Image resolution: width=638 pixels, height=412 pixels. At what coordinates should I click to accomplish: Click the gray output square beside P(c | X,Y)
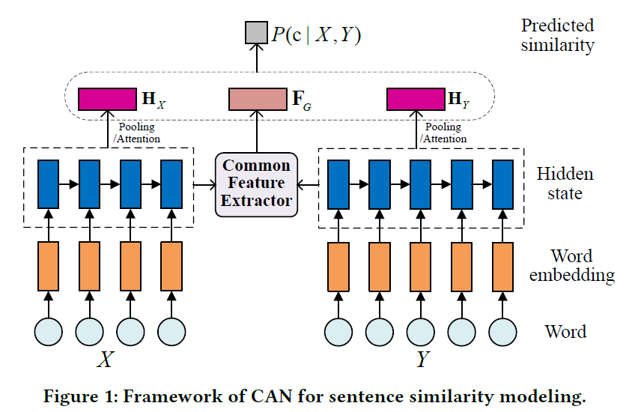pyautogui.click(x=256, y=32)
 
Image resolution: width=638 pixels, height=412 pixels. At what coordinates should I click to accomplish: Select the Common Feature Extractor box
pyautogui.click(x=256, y=184)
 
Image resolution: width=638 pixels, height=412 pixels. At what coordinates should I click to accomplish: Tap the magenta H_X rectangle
pyautogui.click(x=107, y=99)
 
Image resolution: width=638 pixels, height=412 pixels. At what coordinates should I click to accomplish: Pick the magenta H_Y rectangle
pyautogui.click(x=416, y=99)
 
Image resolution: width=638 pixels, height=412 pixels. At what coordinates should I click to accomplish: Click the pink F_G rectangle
pyautogui.click(x=258, y=99)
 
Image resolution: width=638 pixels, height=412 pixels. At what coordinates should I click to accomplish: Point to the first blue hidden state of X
pyautogui.click(x=49, y=184)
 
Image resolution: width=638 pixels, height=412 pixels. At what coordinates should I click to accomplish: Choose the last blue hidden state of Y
pyautogui.click(x=503, y=184)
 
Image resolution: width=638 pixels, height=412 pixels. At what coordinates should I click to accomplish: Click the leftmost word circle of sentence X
pyautogui.click(x=49, y=332)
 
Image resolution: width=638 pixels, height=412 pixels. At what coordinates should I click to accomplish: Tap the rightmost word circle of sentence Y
pyautogui.click(x=503, y=332)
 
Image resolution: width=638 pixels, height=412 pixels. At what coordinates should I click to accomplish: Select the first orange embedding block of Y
pyautogui.click(x=338, y=267)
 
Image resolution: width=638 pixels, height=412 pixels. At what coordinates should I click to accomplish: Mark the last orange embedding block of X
pyautogui.click(x=171, y=266)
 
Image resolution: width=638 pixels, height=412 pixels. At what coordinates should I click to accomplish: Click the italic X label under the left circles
pyautogui.click(x=106, y=360)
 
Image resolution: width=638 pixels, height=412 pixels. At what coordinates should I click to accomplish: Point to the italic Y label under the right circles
pyautogui.click(x=422, y=360)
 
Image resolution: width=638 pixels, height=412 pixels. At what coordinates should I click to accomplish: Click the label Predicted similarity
pyautogui.click(x=557, y=35)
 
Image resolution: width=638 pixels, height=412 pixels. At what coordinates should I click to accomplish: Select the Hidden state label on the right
pyautogui.click(x=565, y=184)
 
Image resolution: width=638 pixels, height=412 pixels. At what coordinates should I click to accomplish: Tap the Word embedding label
pyautogui.click(x=571, y=265)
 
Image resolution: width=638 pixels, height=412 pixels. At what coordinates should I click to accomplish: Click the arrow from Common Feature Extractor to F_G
pyautogui.click(x=257, y=132)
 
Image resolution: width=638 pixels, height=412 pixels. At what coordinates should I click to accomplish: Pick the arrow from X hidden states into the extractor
pyautogui.click(x=204, y=185)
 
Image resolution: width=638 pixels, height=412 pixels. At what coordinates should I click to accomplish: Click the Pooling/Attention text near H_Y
pyautogui.click(x=443, y=133)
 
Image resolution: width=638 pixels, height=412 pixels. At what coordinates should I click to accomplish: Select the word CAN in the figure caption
pyautogui.click(x=271, y=396)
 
